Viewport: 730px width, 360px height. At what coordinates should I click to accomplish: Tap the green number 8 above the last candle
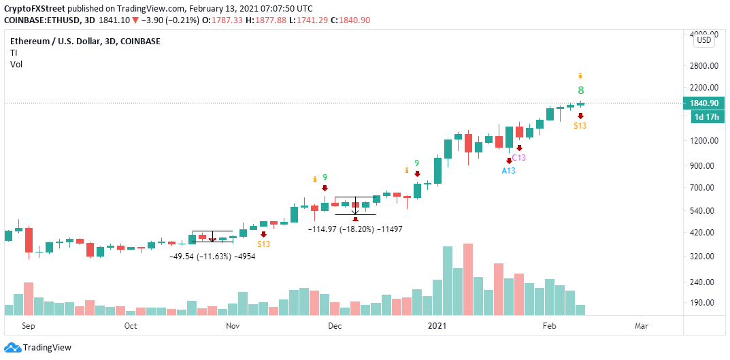coord(581,91)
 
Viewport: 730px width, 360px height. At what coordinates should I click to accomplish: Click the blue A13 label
coord(508,170)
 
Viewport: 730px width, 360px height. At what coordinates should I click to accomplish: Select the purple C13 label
coord(519,157)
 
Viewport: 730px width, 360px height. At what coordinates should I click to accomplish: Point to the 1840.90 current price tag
coord(699,103)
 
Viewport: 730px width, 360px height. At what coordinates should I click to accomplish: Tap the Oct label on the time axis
coord(131,325)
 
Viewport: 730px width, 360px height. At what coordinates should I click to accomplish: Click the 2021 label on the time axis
coord(437,325)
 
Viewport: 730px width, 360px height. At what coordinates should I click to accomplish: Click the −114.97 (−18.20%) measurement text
coord(341,229)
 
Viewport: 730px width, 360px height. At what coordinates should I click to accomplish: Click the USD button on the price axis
coord(704,40)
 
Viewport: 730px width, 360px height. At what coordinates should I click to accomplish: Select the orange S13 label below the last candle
coord(580,126)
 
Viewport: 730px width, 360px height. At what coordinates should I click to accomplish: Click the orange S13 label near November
coord(263,244)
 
